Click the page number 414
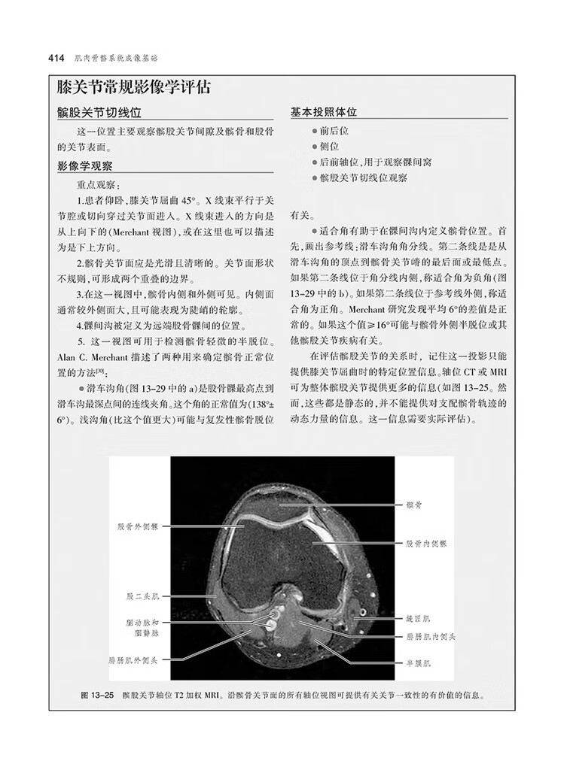[x=58, y=58]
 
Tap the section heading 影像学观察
[x=86, y=165]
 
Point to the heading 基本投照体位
[x=324, y=112]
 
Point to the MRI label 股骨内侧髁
[x=425, y=542]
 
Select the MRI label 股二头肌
[x=142, y=596]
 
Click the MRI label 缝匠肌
[x=416, y=619]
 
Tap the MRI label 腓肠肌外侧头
[x=133, y=660]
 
